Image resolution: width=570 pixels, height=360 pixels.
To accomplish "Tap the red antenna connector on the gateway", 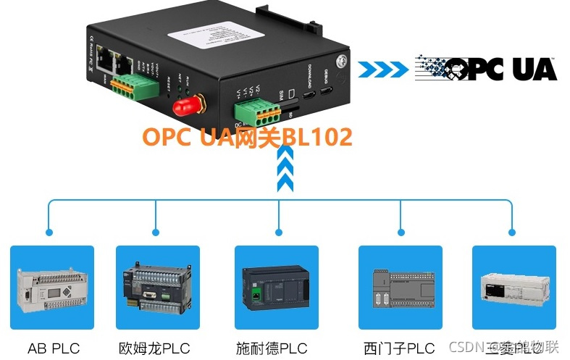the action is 185,108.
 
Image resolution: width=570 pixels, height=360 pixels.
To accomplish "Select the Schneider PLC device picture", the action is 277,288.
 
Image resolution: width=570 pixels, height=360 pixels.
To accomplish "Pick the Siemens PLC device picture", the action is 401,288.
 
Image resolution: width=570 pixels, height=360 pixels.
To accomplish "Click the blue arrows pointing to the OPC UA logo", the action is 383,69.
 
